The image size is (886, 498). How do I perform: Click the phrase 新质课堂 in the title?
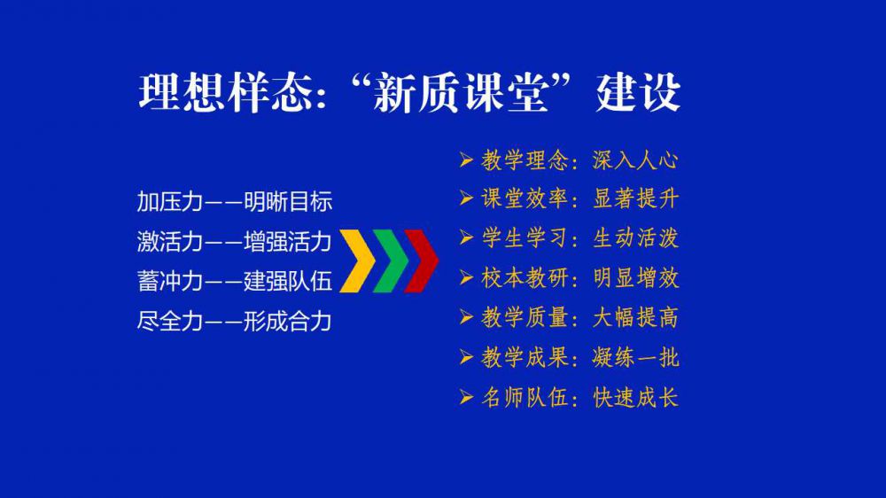coord(461,92)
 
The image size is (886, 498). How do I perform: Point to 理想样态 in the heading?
coord(227,92)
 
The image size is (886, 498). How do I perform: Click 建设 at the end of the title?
coord(638,92)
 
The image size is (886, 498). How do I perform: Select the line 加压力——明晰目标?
coord(235,202)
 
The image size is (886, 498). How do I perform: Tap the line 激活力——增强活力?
coord(235,242)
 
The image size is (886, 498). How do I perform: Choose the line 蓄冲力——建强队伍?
coord(235,282)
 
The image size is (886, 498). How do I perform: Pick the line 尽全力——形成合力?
coord(235,322)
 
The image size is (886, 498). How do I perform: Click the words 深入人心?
coord(635,160)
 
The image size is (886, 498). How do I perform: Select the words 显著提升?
coord(635,199)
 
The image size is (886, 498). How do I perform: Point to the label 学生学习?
coord(525,238)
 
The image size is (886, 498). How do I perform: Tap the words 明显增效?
coord(635,278)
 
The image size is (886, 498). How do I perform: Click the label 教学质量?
coord(525,318)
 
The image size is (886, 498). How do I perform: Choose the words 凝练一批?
coord(635,358)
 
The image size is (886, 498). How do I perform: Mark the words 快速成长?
coord(635,398)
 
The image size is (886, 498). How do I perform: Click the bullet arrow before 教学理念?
coord(466,160)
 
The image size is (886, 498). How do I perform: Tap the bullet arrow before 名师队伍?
coord(466,398)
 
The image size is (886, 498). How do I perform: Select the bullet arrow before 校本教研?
coord(466,278)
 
